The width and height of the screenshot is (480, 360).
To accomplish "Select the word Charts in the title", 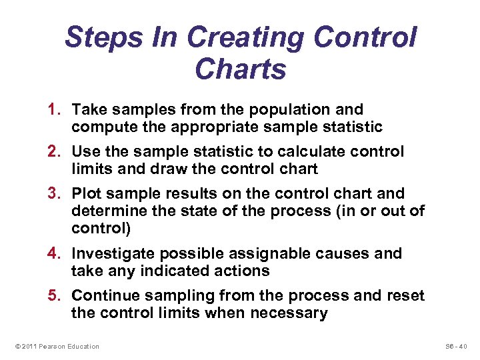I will pos(240,69).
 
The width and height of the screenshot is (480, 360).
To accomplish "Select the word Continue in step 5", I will pos(104,295).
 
